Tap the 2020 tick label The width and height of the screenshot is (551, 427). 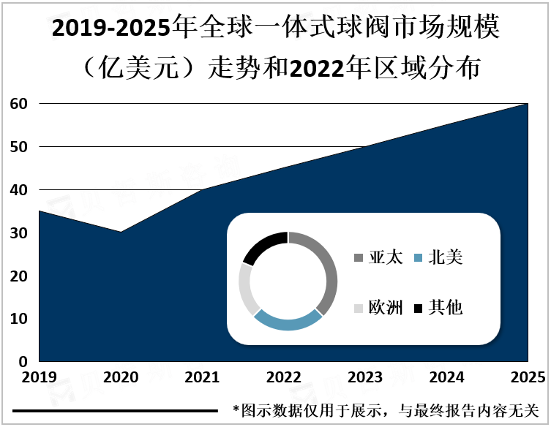121,378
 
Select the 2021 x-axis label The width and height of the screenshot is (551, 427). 202,378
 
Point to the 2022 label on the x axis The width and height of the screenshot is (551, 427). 284,378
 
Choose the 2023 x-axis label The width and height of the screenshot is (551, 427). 365,378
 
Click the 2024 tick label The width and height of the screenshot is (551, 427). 446,378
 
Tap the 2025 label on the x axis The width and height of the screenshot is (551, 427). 528,378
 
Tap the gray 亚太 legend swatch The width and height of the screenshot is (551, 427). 359,258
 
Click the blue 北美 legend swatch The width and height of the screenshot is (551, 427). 417,258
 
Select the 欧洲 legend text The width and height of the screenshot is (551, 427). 385,308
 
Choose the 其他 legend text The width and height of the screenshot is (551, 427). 445,308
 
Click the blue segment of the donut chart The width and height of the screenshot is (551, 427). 287,322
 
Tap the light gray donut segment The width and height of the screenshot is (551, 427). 247,289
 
